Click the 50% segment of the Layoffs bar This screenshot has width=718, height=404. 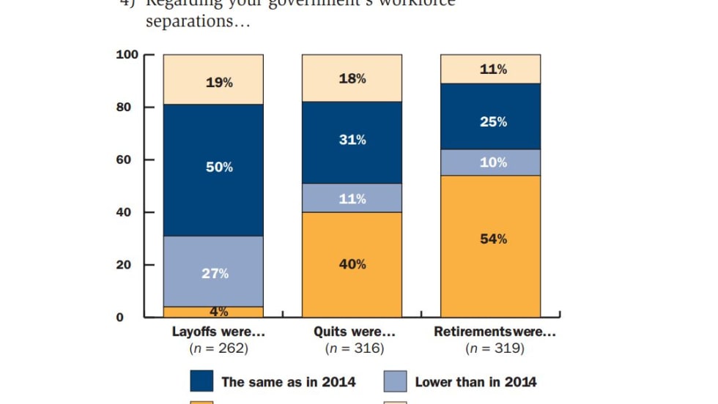pos(213,168)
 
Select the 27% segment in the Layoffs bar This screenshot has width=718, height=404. pos(213,272)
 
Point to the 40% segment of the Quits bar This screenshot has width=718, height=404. pos(352,264)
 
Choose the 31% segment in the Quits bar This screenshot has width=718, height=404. pos(352,140)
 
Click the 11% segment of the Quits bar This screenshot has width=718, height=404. pos(352,198)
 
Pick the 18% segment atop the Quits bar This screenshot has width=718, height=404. pos(352,78)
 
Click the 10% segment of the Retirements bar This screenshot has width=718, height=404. pos(490,162)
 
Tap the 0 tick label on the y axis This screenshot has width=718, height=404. pos(134,317)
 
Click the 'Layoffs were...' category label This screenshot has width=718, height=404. pos(218,332)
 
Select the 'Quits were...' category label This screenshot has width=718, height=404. pos(354,332)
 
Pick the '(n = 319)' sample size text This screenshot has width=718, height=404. pos(495,348)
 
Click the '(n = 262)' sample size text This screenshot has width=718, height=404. pos(218,348)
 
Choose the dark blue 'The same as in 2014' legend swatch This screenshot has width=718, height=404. pos(201,381)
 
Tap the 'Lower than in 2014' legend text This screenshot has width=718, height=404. pos(475,381)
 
